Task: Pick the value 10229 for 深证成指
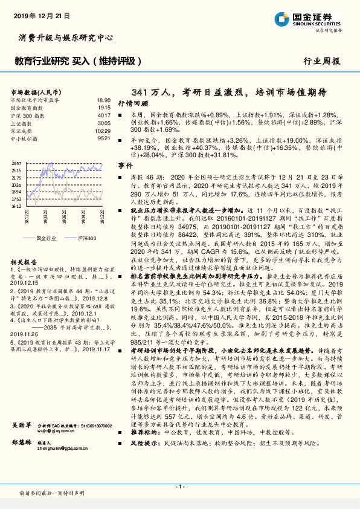click(x=103, y=131)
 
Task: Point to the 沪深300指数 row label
click(x=28, y=115)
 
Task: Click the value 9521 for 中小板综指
click(x=104, y=138)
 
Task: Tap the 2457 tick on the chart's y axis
click(x=17, y=164)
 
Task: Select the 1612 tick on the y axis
click(x=17, y=206)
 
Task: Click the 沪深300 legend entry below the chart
click(x=87, y=239)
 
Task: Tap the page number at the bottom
click(x=179, y=486)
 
